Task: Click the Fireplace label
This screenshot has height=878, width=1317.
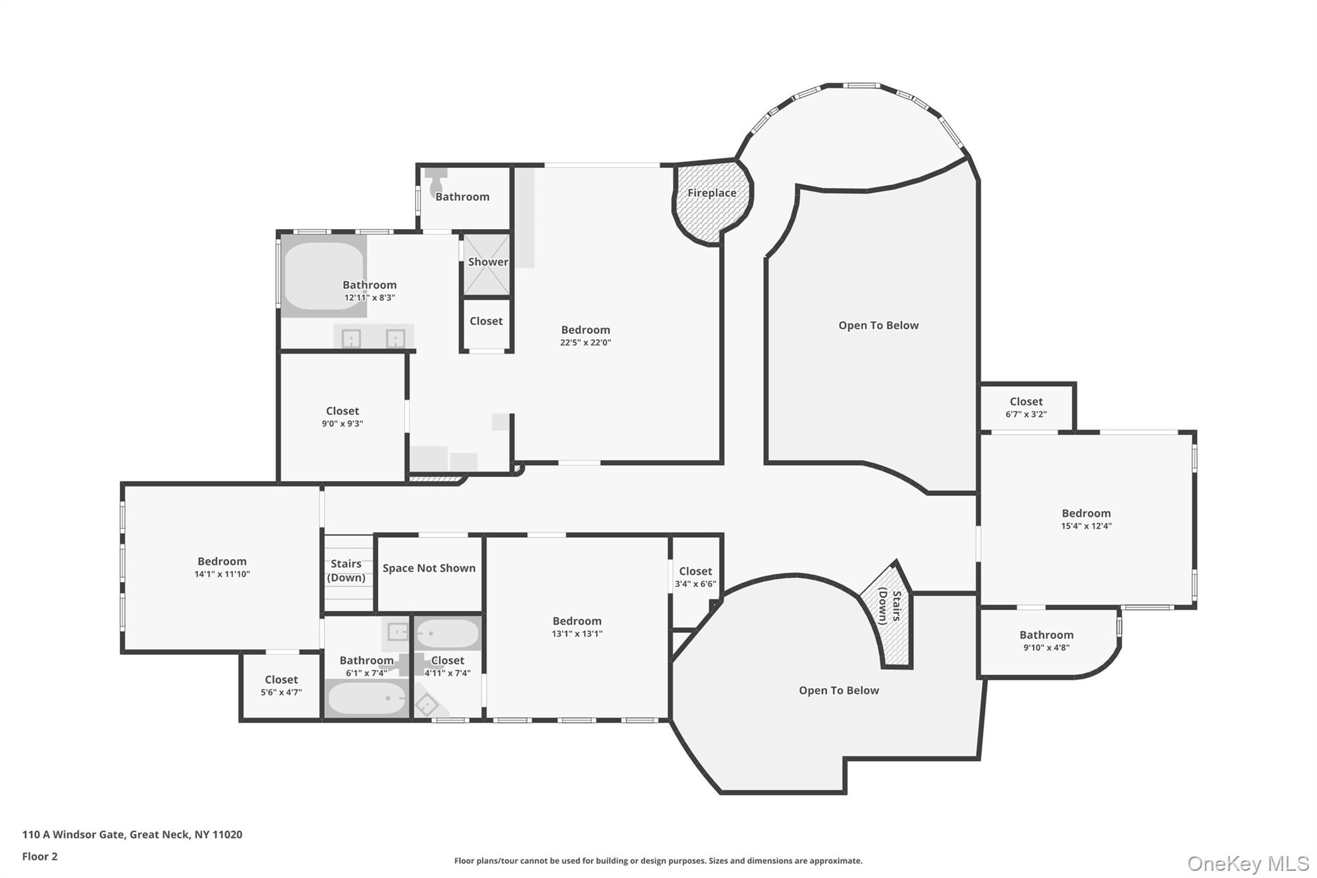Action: tap(712, 193)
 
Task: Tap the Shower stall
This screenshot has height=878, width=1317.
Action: tap(487, 264)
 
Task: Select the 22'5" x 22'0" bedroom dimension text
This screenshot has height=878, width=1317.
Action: tap(585, 343)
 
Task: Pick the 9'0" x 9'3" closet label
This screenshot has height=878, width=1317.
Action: tap(342, 411)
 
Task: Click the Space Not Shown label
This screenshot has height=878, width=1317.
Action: tap(429, 568)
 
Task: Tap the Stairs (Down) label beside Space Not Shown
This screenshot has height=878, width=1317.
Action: tap(346, 571)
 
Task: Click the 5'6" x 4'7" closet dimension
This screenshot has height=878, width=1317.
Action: tap(281, 693)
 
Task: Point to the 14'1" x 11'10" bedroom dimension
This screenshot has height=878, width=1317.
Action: tap(222, 574)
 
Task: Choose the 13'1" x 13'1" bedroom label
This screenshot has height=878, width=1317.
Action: tap(577, 621)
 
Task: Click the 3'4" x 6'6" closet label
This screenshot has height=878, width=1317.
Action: tap(695, 571)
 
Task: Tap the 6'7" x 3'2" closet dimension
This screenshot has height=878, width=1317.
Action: tap(1026, 415)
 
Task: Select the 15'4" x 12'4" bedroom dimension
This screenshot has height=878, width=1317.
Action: tap(1086, 526)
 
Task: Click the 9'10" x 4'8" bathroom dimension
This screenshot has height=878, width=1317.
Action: tap(1046, 648)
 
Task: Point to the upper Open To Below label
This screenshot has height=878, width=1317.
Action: tap(878, 325)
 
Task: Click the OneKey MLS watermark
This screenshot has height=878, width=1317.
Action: tap(1248, 863)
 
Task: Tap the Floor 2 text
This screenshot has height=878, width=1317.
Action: tap(40, 857)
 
